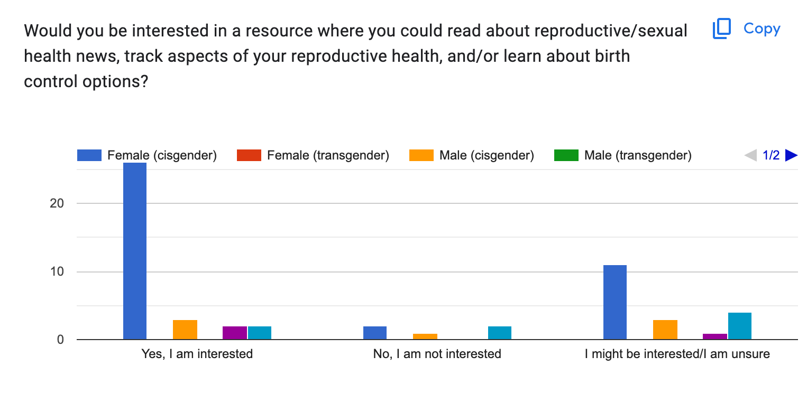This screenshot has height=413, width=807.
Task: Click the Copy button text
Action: pyautogui.click(x=762, y=29)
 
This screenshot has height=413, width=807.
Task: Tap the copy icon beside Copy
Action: pyautogui.click(x=722, y=29)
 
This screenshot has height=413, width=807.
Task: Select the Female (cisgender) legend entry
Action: pyautogui.click(x=147, y=155)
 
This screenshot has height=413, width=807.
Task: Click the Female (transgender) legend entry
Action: pyautogui.click(x=313, y=155)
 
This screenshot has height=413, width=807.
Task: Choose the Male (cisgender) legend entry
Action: pyautogui.click(x=472, y=155)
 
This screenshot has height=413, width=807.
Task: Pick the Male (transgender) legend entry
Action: pyautogui.click(x=623, y=155)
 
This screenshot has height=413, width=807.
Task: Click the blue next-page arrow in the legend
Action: pyautogui.click(x=791, y=155)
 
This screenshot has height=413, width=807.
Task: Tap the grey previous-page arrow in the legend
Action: pyautogui.click(x=750, y=155)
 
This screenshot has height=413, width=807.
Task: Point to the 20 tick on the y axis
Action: pyautogui.click(x=57, y=203)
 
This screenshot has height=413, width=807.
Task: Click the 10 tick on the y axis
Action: pyautogui.click(x=57, y=271)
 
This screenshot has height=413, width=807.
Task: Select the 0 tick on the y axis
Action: pyautogui.click(x=60, y=339)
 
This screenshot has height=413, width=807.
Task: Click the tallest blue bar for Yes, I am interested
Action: pyautogui.click(x=135, y=251)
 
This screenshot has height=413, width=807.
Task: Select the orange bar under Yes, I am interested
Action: pyautogui.click(x=185, y=330)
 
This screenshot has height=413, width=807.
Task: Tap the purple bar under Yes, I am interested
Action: pyautogui.click(x=235, y=333)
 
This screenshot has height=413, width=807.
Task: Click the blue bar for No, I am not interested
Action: pyautogui.click(x=374, y=333)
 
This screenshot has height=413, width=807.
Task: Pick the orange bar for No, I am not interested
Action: pyautogui.click(x=425, y=336)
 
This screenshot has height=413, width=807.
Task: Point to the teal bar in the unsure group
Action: pyautogui.click(x=740, y=326)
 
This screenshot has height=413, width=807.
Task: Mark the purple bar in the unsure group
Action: pyautogui.click(x=715, y=336)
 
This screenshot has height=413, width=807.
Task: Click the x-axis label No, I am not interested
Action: pyautogui.click(x=437, y=354)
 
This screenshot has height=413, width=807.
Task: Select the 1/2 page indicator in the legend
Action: pyautogui.click(x=771, y=155)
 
